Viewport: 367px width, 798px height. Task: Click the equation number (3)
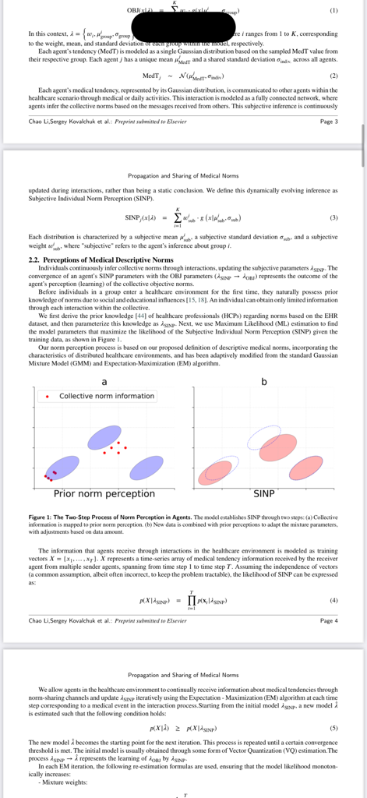coord(333,217)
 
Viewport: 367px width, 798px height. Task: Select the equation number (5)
coord(333,727)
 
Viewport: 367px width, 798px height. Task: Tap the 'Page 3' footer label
coord(329,122)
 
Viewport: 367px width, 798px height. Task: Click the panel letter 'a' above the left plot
coord(104,380)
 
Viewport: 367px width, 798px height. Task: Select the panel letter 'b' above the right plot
coord(263,380)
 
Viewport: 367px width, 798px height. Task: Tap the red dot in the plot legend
coord(48,396)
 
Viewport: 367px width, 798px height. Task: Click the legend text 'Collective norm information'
coord(107,396)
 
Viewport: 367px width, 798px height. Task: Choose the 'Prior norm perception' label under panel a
coord(104,493)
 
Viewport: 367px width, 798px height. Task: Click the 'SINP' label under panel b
coord(263,493)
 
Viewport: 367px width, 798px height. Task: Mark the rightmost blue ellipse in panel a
coord(146,468)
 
